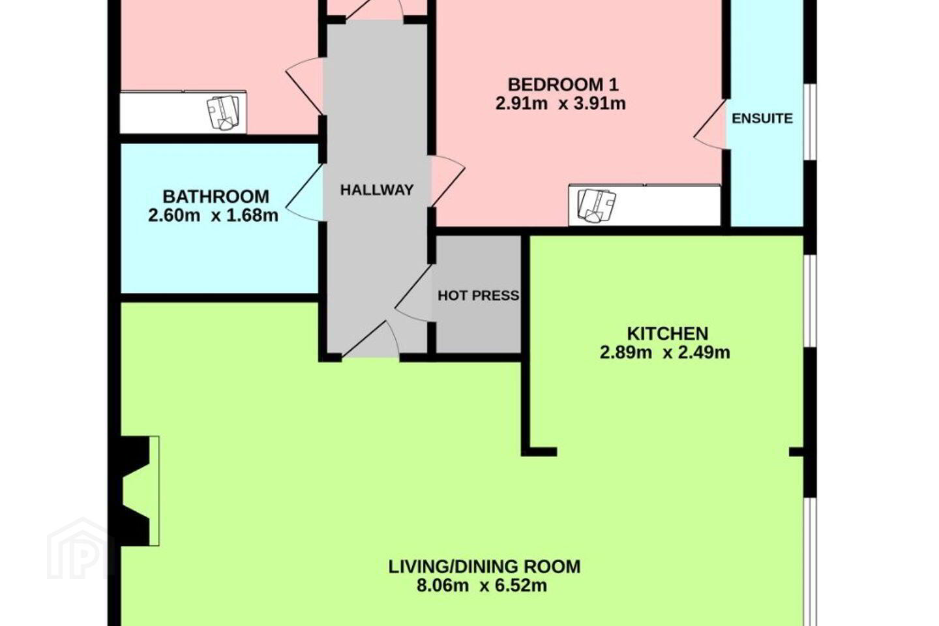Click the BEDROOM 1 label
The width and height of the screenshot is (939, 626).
pyautogui.click(x=563, y=85)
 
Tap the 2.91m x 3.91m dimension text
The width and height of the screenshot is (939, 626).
pyautogui.click(x=561, y=104)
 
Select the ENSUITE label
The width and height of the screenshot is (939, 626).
pyautogui.click(x=762, y=119)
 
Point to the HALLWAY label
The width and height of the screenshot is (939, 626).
pyautogui.click(x=377, y=190)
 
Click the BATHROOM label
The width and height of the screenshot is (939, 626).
pyautogui.click(x=216, y=197)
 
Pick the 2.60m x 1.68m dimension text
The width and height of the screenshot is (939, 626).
pyautogui.click(x=213, y=216)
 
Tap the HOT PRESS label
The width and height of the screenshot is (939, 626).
pyautogui.click(x=479, y=295)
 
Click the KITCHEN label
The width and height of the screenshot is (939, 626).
pyautogui.click(x=667, y=334)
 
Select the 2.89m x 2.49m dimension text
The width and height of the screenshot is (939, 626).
pyautogui.click(x=665, y=353)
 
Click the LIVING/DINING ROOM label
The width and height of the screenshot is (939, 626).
pyautogui.click(x=484, y=567)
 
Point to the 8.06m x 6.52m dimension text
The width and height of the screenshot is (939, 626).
pyautogui.click(x=482, y=586)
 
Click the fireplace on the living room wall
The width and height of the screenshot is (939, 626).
pyautogui.click(x=140, y=491)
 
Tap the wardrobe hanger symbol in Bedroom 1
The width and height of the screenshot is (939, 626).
pyautogui.click(x=596, y=205)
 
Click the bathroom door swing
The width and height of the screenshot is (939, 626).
pyautogui.click(x=305, y=192)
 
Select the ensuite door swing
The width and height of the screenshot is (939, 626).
pyautogui.click(x=710, y=124)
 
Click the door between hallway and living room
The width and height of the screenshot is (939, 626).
pyautogui.click(x=370, y=340)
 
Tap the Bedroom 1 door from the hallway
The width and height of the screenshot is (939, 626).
pyautogui.click(x=448, y=181)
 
